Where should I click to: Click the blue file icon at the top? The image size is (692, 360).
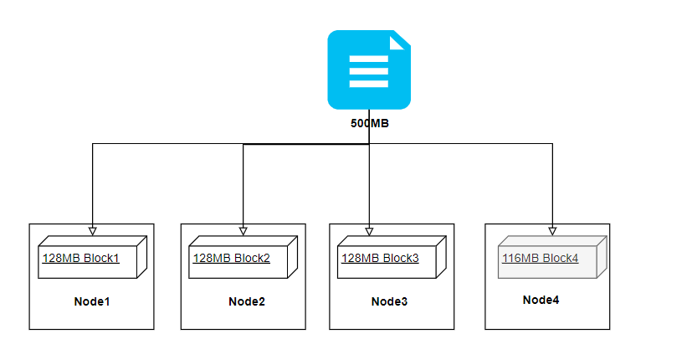point(368,69)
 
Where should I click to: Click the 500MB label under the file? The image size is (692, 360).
point(369,122)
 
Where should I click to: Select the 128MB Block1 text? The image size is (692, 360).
point(80,259)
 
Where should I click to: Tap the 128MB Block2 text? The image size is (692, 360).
point(231,259)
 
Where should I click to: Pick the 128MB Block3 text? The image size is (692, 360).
point(380,258)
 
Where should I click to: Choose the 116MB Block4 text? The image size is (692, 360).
point(540,259)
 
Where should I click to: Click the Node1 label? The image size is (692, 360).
point(91,301)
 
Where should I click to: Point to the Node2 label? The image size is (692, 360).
point(247,301)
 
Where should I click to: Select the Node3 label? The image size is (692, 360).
point(390,301)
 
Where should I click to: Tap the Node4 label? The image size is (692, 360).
point(541,300)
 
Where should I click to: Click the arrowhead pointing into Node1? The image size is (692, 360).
point(92,230)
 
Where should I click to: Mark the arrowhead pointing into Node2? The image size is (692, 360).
point(243,230)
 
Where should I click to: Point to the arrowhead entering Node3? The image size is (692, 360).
point(369,230)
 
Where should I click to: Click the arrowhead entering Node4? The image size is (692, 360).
point(552,230)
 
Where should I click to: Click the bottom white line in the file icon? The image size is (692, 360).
point(368,84)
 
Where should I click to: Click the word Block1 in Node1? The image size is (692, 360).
point(101,259)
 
